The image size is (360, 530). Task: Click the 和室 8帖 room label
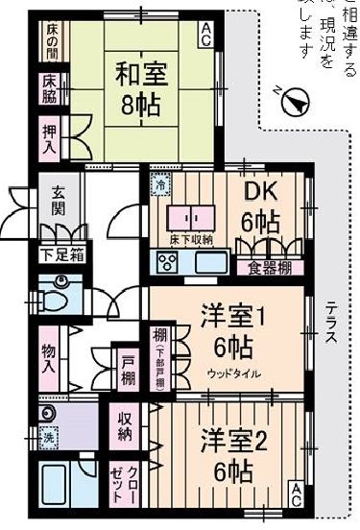tap(142, 88)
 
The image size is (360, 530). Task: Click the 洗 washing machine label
tap(46, 438)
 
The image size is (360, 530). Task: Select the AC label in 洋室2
tap(296, 494)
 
